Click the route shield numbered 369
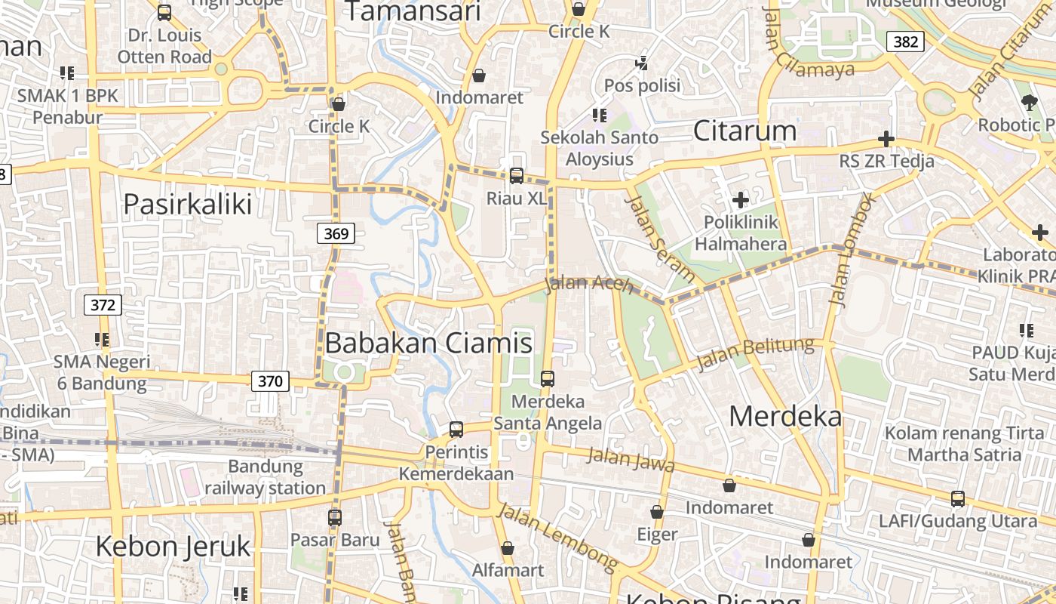tap(336, 234)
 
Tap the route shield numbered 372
tap(103, 305)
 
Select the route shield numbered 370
tap(270, 381)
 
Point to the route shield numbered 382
tap(905, 42)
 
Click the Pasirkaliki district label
tap(187, 204)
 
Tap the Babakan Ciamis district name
tap(428, 344)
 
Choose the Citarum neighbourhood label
tap(744, 131)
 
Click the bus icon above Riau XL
tap(517, 175)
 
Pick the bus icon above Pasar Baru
tap(335, 518)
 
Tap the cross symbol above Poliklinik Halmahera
tap(741, 200)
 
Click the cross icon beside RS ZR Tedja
tap(886, 139)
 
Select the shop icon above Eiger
tap(657, 512)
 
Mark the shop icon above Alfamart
tap(508, 547)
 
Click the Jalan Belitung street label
tap(755, 353)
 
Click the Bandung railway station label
tap(266, 477)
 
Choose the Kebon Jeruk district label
tap(173, 546)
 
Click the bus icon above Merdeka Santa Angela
tap(548, 378)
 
